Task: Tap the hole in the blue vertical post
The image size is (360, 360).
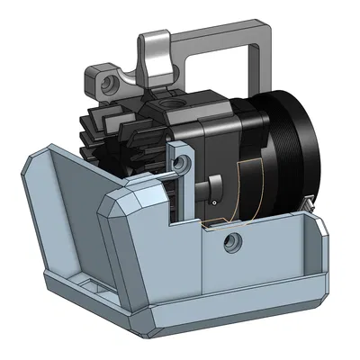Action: (x=184, y=163)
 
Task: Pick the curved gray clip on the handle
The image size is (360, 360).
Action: (x=154, y=58)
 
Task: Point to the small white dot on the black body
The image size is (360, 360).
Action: (x=215, y=202)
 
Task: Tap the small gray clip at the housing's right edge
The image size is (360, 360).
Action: (x=309, y=209)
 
